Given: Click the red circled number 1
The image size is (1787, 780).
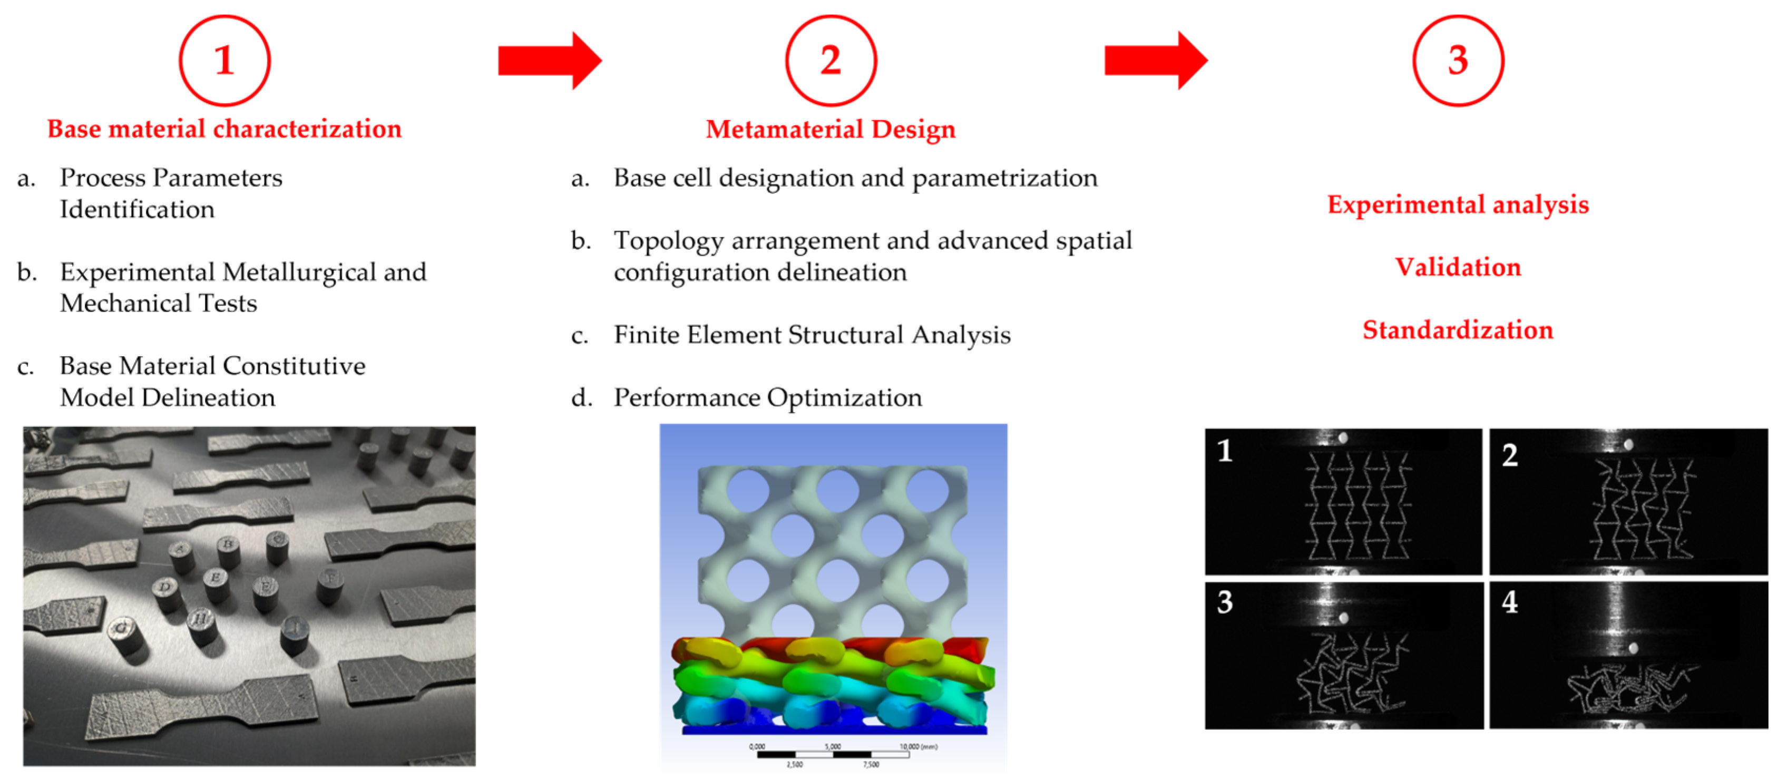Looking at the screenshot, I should pos(224,61).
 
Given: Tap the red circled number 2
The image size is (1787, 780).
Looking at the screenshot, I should pos(831,61).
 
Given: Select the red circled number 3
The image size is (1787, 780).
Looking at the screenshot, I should pos(1458,61).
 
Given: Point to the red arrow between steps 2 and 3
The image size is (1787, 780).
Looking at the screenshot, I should pos(1156,61).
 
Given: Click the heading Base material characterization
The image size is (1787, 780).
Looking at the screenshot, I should pos(224,129).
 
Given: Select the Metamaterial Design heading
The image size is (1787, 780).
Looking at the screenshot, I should pos(831,129).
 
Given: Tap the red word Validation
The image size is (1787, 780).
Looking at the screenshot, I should pos(1458,267).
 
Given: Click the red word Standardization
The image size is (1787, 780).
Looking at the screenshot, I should pos(1458,329).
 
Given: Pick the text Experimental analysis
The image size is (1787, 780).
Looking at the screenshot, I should pos(1458,204).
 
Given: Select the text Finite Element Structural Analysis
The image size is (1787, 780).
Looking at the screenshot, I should pos(812,335).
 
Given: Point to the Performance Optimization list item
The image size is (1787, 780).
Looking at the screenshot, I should pos(768,397).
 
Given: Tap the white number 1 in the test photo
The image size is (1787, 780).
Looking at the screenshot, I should pos(1225,451).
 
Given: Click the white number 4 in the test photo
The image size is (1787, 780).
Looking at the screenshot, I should pos(1509,602).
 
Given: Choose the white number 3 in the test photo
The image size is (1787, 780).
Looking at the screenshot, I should pos(1225,602).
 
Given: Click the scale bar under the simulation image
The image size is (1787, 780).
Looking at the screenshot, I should pos(833,754).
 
